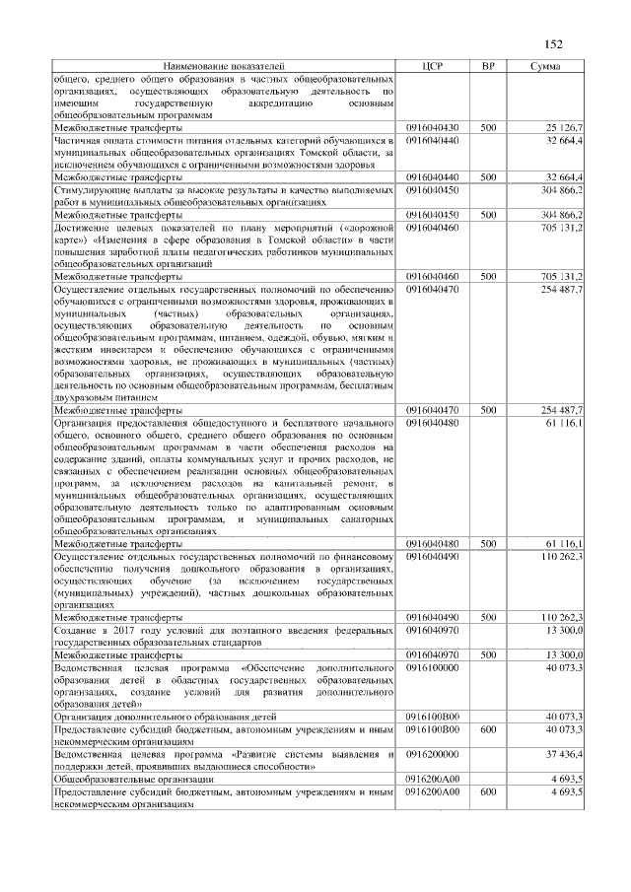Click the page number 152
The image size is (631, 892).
[553, 43]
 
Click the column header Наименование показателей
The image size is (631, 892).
[223, 65]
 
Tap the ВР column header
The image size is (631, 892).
[487, 65]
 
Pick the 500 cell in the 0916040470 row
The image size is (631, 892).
[487, 409]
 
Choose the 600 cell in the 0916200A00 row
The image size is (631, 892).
[487, 791]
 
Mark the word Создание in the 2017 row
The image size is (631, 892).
[79, 629]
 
